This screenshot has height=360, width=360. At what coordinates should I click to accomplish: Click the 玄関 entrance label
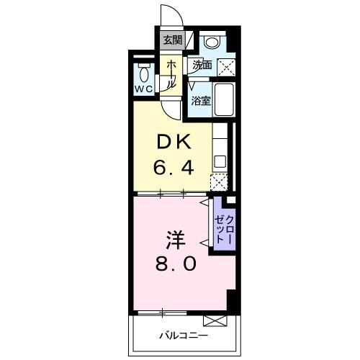[171, 40]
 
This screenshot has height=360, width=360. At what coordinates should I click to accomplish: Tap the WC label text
[142, 90]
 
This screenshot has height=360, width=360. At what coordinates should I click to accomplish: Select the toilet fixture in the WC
[143, 73]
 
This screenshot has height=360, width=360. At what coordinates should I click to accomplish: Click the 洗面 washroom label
[202, 65]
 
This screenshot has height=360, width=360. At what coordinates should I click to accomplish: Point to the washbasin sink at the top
[211, 42]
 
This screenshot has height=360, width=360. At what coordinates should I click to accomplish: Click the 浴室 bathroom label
[201, 102]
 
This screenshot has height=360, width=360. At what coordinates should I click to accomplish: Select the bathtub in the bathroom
[224, 101]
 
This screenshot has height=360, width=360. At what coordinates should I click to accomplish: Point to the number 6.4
[174, 169]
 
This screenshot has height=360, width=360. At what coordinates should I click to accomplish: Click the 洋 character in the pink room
[173, 238]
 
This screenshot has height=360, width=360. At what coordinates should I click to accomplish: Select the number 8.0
[174, 264]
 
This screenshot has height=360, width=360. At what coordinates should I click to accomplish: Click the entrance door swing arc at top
[168, 16]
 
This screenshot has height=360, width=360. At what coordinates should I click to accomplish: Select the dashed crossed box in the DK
[218, 183]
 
